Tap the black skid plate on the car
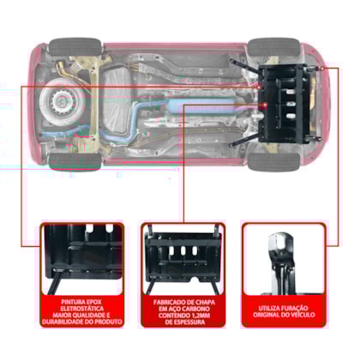(x=285, y=105)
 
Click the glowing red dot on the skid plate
(x=264, y=106)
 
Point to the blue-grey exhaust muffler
(x=200, y=106)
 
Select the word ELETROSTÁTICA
(x=82, y=309)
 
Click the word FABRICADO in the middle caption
(x=168, y=303)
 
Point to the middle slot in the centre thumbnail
(x=183, y=251)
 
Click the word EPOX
(x=95, y=302)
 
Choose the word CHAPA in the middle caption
(x=205, y=303)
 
